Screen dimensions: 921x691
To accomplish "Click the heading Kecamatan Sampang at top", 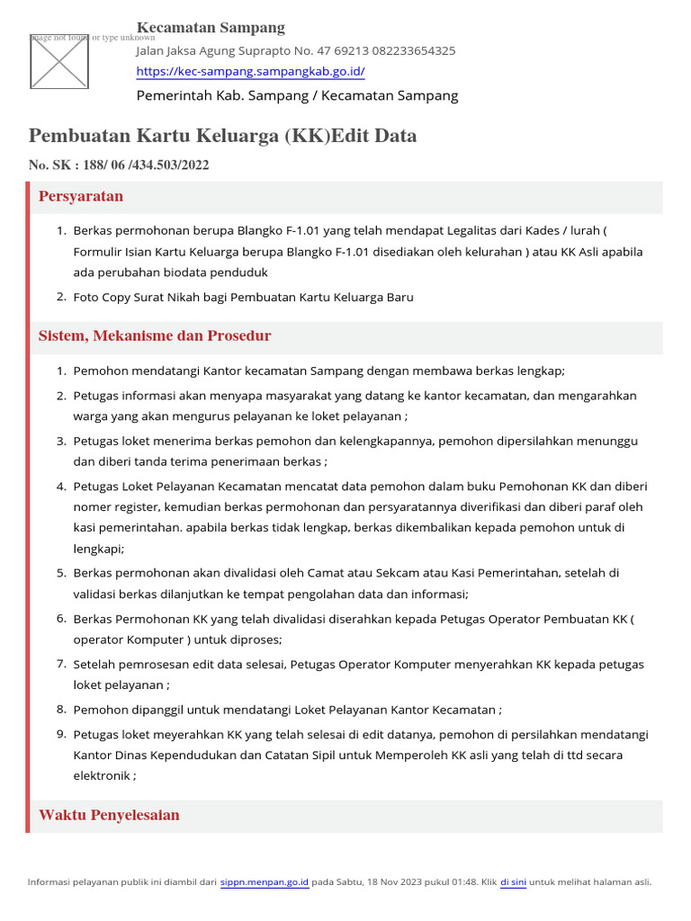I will pyautogui.click(x=211, y=28).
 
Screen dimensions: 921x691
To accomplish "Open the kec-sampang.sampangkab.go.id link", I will pyautogui.click(x=250, y=72).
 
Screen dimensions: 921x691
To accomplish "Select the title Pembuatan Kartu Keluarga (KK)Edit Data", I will pyautogui.click(x=222, y=136).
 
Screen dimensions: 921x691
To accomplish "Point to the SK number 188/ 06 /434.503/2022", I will pyautogui.click(x=145, y=165).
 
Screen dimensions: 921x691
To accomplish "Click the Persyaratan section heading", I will pyautogui.click(x=81, y=197).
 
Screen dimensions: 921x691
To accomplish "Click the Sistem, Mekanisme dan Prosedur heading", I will pyautogui.click(x=155, y=336).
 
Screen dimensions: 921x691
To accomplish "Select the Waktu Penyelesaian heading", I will pyautogui.click(x=109, y=816).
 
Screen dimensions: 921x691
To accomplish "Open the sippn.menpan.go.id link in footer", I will pyautogui.click(x=265, y=882).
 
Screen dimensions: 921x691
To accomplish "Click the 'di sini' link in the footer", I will pyautogui.click(x=513, y=882).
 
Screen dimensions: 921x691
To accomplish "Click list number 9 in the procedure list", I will pyautogui.click(x=61, y=735).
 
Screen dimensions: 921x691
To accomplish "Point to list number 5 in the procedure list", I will pyautogui.click(x=61, y=573).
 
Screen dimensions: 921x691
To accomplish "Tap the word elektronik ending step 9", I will pyautogui.click(x=102, y=775).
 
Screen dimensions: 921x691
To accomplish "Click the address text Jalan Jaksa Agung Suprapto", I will pyautogui.click(x=217, y=51).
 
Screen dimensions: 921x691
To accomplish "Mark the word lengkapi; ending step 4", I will pyautogui.click(x=98, y=548).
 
